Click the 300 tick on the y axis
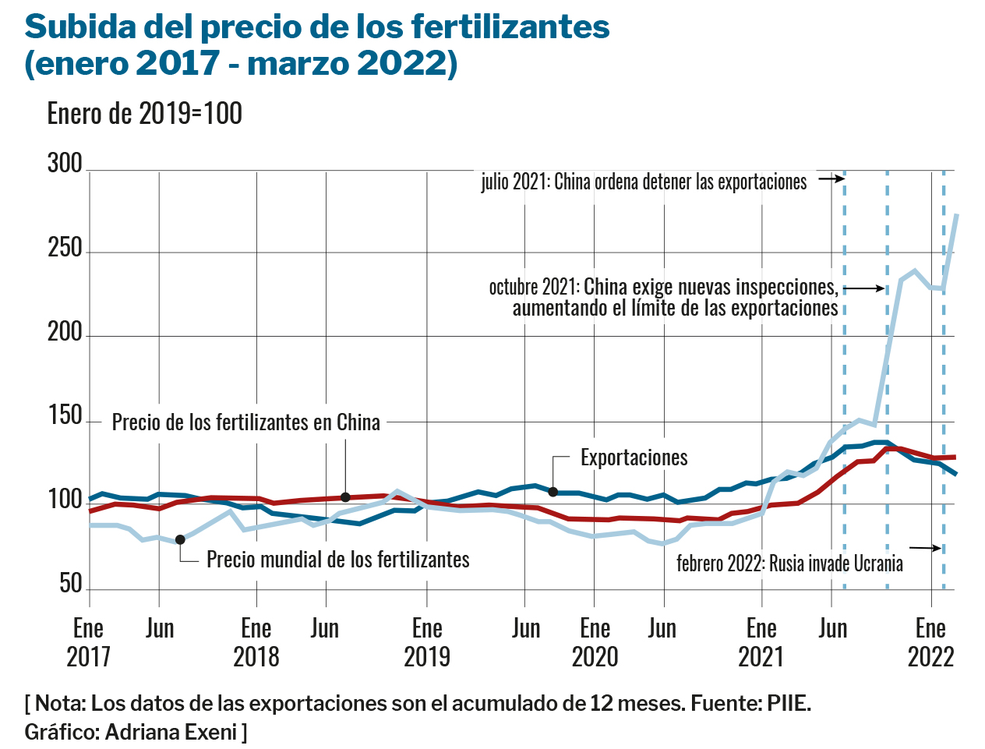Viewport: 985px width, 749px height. (x=65, y=164)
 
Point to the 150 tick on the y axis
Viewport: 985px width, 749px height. (x=65, y=416)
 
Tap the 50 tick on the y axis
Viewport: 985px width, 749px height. (x=70, y=584)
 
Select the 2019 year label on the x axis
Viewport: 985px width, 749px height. (x=427, y=657)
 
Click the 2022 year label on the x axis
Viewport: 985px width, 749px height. (x=930, y=657)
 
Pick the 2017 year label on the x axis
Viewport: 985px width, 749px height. (x=89, y=657)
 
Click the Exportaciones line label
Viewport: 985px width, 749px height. (x=634, y=458)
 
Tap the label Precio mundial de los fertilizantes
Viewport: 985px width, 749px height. (x=337, y=560)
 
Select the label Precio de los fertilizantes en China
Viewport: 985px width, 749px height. (x=246, y=422)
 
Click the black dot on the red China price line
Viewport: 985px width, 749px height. (x=345, y=497)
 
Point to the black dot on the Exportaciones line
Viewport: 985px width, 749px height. (x=553, y=492)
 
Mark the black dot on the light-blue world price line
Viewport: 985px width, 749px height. (x=180, y=539)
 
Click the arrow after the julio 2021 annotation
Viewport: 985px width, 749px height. (x=831, y=178)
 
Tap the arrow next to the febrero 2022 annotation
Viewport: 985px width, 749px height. (x=926, y=549)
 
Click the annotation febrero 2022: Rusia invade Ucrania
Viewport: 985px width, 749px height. (x=789, y=564)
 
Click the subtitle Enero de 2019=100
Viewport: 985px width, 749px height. (x=145, y=114)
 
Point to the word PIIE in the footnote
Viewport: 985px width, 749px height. (x=788, y=704)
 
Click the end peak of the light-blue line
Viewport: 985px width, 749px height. (x=956, y=215)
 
